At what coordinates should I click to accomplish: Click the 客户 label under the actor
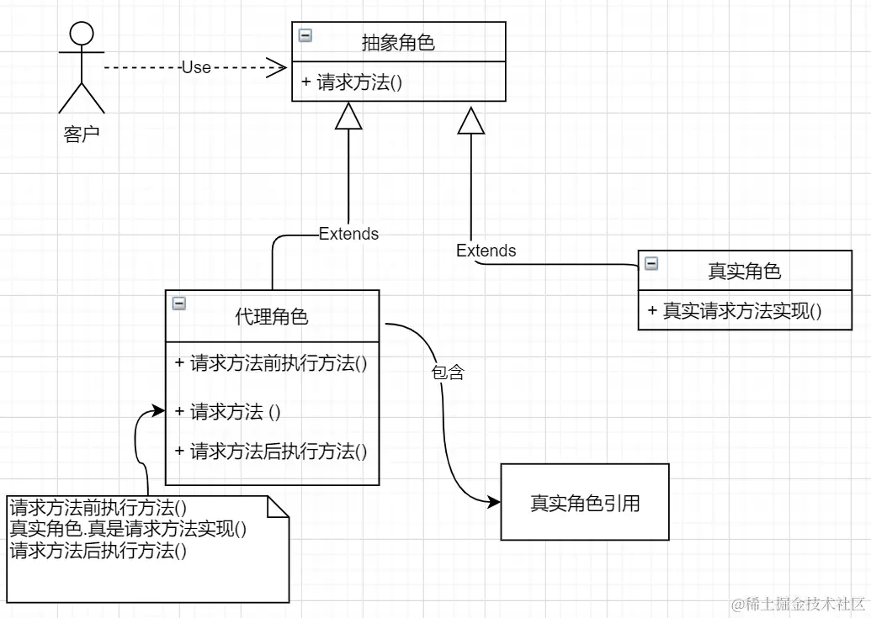(x=81, y=134)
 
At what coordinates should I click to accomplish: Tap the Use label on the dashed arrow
(x=196, y=67)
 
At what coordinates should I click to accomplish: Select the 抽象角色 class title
(x=398, y=43)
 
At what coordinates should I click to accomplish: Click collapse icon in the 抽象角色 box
(x=305, y=35)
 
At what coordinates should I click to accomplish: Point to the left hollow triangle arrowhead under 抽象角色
(x=348, y=117)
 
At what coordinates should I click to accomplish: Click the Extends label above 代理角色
(x=348, y=234)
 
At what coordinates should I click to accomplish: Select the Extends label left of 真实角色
(x=486, y=251)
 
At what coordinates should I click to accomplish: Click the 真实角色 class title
(x=744, y=271)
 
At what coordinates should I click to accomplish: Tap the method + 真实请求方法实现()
(x=735, y=310)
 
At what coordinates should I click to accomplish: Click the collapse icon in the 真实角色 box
(x=651, y=263)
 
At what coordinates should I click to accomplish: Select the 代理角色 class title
(x=271, y=317)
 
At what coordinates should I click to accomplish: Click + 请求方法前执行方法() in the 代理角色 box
(x=272, y=363)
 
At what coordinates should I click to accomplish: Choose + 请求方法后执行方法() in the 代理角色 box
(x=271, y=452)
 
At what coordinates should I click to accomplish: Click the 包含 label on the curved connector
(x=448, y=372)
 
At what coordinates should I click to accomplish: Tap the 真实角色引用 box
(x=585, y=503)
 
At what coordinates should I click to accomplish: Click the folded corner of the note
(x=279, y=506)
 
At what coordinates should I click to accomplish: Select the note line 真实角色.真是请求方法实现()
(x=128, y=530)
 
